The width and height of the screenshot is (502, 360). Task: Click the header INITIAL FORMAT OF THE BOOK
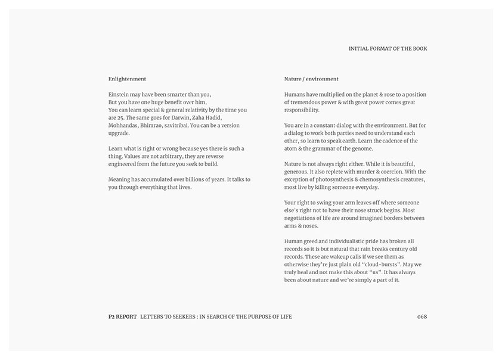point(388,49)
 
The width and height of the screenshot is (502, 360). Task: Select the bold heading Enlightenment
point(127,79)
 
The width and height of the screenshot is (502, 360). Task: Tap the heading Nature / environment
point(311,79)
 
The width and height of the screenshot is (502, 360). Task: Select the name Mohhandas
point(125,125)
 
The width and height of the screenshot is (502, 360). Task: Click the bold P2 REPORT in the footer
point(119,316)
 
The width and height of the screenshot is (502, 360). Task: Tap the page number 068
point(422,316)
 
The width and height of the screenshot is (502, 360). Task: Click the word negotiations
point(305,218)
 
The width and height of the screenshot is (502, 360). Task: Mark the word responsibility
point(302,110)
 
